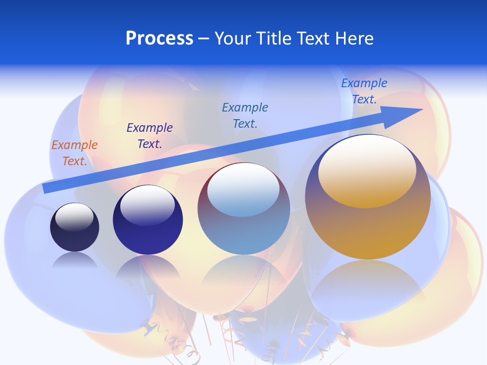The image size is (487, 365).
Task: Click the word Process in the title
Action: point(159,38)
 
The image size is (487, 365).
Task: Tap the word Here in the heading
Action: point(353,38)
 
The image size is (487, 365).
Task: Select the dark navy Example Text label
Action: point(150,136)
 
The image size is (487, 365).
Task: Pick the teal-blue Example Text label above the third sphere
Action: point(245,116)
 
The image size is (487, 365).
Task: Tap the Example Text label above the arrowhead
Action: point(364,91)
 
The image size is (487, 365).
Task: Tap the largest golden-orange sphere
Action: point(368,223)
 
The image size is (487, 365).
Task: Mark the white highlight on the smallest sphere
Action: point(75,216)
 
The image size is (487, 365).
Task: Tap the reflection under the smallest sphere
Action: point(75,260)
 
